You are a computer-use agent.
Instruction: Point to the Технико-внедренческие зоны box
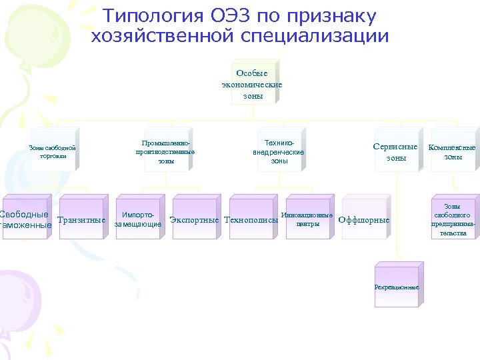[x=279, y=152]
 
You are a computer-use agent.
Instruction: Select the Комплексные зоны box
[x=452, y=152]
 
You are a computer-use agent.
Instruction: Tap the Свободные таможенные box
[x=25, y=219]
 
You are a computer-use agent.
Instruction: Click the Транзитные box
[x=81, y=219]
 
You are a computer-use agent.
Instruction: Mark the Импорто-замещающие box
[x=138, y=219]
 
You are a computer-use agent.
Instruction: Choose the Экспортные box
[x=195, y=219]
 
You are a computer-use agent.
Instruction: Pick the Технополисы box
[x=251, y=219]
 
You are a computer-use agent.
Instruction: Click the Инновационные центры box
[x=307, y=219]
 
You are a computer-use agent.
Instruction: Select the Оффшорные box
[x=364, y=219]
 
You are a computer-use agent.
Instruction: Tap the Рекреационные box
[x=396, y=286]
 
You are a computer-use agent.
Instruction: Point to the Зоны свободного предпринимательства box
[x=453, y=219]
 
